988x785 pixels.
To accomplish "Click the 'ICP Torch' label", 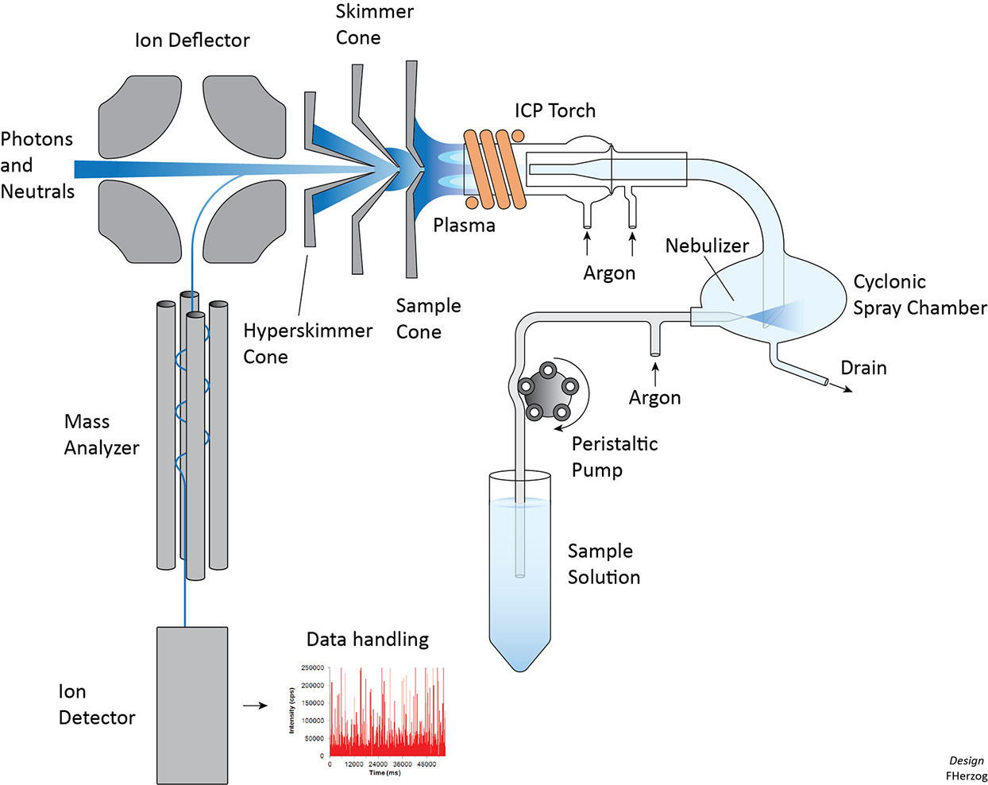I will click(x=554, y=110).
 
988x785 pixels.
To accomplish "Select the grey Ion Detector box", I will click(x=192, y=705).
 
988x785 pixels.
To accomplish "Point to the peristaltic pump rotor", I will click(x=547, y=390).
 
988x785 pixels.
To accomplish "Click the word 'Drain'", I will click(x=863, y=368).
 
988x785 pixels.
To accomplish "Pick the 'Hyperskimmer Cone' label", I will click(x=307, y=343).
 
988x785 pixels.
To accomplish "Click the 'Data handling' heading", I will click(x=367, y=639).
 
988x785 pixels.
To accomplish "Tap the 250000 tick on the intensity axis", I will click(x=312, y=668).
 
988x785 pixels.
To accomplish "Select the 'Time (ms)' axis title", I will click(x=385, y=772).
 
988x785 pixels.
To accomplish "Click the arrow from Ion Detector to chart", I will click(x=255, y=705).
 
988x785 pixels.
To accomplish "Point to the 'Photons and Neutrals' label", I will click(x=37, y=165).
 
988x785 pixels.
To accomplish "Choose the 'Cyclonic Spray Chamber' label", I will click(x=919, y=295).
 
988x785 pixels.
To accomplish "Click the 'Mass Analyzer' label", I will click(x=101, y=435).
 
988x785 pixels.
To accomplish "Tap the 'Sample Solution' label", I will click(x=603, y=564).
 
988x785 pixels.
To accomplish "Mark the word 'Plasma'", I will click(x=464, y=226).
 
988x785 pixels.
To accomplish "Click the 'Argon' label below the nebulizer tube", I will click(x=654, y=397).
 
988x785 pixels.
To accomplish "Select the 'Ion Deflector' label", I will click(x=192, y=41).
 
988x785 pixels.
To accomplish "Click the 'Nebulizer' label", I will click(x=707, y=246).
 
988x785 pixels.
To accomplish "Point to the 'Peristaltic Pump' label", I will click(x=614, y=457).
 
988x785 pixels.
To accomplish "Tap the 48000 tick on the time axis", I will click(x=426, y=764).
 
